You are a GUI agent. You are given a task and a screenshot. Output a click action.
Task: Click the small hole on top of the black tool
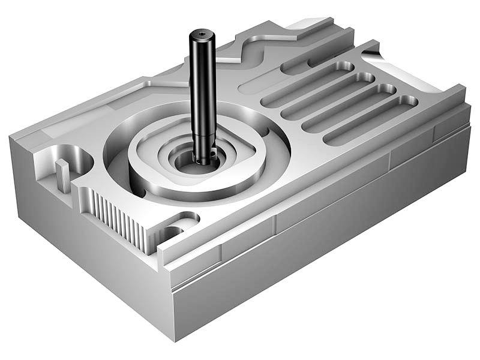point(202,34)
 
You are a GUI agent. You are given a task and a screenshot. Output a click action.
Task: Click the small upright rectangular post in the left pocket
point(63,175)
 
